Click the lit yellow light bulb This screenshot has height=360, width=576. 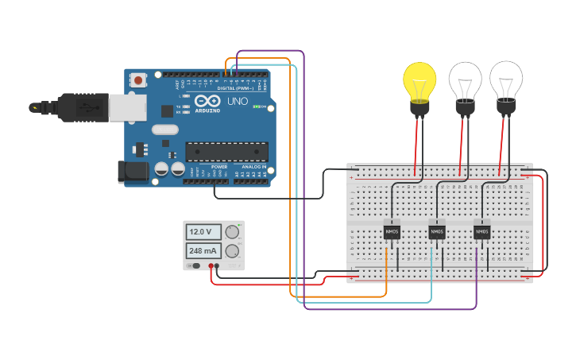pos(419,81)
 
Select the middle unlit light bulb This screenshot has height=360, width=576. pos(465,82)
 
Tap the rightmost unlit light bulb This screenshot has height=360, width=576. pos(506,80)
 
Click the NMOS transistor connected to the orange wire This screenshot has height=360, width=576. pos(392,231)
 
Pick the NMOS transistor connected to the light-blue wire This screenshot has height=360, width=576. pos(436,231)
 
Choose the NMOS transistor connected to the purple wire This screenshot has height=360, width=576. pos(481,231)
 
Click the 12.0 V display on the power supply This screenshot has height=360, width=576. pos(200,231)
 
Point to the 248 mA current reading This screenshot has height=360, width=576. pos(200,250)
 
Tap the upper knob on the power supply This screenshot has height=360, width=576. pos(232,231)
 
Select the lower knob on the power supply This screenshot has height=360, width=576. pos(232,251)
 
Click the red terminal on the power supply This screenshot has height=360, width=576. pos(211,265)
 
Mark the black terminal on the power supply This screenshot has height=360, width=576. pos(218,265)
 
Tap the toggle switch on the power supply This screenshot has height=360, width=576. pos(195,265)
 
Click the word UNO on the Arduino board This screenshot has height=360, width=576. pos(236,103)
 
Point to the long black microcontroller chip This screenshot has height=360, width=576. pos(226,151)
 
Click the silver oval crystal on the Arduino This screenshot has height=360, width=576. pos(165,130)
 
